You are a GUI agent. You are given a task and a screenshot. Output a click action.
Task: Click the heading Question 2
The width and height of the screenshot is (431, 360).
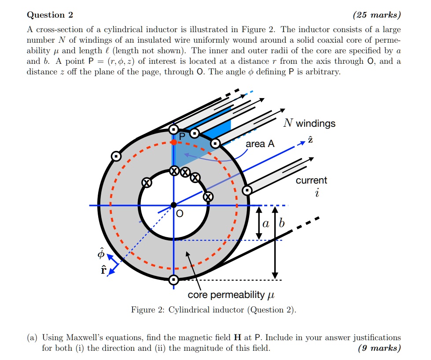pos(50,15)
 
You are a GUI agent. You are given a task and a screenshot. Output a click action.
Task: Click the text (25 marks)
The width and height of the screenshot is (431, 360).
pos(377,15)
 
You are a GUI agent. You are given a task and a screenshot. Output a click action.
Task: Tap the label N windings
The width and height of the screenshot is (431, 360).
pos(309,123)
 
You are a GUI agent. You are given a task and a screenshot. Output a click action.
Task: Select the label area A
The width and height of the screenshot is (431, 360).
pos(260,144)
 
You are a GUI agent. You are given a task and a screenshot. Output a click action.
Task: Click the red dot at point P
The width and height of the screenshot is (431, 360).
pos(174,142)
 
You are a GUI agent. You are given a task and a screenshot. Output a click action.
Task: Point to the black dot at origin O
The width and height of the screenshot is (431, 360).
pos(173,205)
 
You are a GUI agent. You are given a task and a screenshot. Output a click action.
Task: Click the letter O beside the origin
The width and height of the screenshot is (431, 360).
pos(179,214)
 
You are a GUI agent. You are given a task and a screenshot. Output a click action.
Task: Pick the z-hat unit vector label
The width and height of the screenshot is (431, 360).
pos(311,140)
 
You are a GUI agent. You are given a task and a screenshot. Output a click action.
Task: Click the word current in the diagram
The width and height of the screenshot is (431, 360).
pos(311,180)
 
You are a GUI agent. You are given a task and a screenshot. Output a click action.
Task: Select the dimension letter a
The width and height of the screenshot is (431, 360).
pos(265,224)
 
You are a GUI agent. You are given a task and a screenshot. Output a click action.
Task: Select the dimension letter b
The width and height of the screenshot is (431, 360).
pos(282,224)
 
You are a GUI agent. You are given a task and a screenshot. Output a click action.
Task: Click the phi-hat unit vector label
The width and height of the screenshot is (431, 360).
pos(101,254)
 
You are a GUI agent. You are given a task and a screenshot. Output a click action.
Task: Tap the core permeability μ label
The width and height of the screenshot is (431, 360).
pos(232,294)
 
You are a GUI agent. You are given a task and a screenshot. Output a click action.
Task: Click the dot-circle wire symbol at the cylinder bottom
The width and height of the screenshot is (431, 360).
pos(173,279)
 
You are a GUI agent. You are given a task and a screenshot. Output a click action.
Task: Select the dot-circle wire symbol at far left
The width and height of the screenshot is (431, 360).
pos(116,156)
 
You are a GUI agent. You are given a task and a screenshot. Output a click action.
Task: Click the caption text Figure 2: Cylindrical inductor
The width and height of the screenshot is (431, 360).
pos(214,310)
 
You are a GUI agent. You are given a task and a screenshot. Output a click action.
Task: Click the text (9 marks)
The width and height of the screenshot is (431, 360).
pos(380,348)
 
